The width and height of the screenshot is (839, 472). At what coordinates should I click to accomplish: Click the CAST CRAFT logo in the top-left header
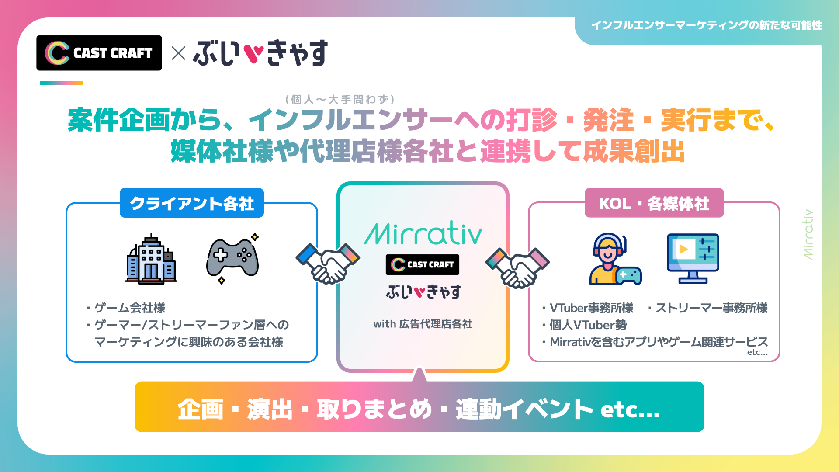click(99, 53)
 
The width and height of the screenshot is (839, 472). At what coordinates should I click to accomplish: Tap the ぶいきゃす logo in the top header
click(260, 53)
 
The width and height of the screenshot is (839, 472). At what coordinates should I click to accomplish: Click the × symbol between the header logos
click(178, 53)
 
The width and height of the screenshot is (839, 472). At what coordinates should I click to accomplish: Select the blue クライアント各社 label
click(192, 203)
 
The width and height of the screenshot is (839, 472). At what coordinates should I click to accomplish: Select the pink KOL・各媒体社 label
click(654, 203)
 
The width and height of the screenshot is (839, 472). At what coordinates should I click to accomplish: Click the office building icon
click(151, 259)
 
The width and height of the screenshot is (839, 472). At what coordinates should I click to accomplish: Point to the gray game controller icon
click(232, 259)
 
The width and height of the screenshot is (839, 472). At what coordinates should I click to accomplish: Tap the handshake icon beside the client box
click(328, 264)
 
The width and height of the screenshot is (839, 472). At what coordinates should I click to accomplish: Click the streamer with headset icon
click(615, 259)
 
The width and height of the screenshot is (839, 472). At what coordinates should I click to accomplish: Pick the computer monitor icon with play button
click(693, 259)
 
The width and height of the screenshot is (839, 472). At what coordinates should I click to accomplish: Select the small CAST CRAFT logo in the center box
click(423, 264)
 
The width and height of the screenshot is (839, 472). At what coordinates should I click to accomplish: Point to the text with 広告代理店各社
click(423, 324)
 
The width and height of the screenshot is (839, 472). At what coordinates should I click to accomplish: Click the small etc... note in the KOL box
click(757, 352)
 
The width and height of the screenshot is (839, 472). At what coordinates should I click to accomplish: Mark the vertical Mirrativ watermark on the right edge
click(808, 235)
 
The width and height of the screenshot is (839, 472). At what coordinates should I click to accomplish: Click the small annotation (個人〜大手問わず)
click(340, 100)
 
